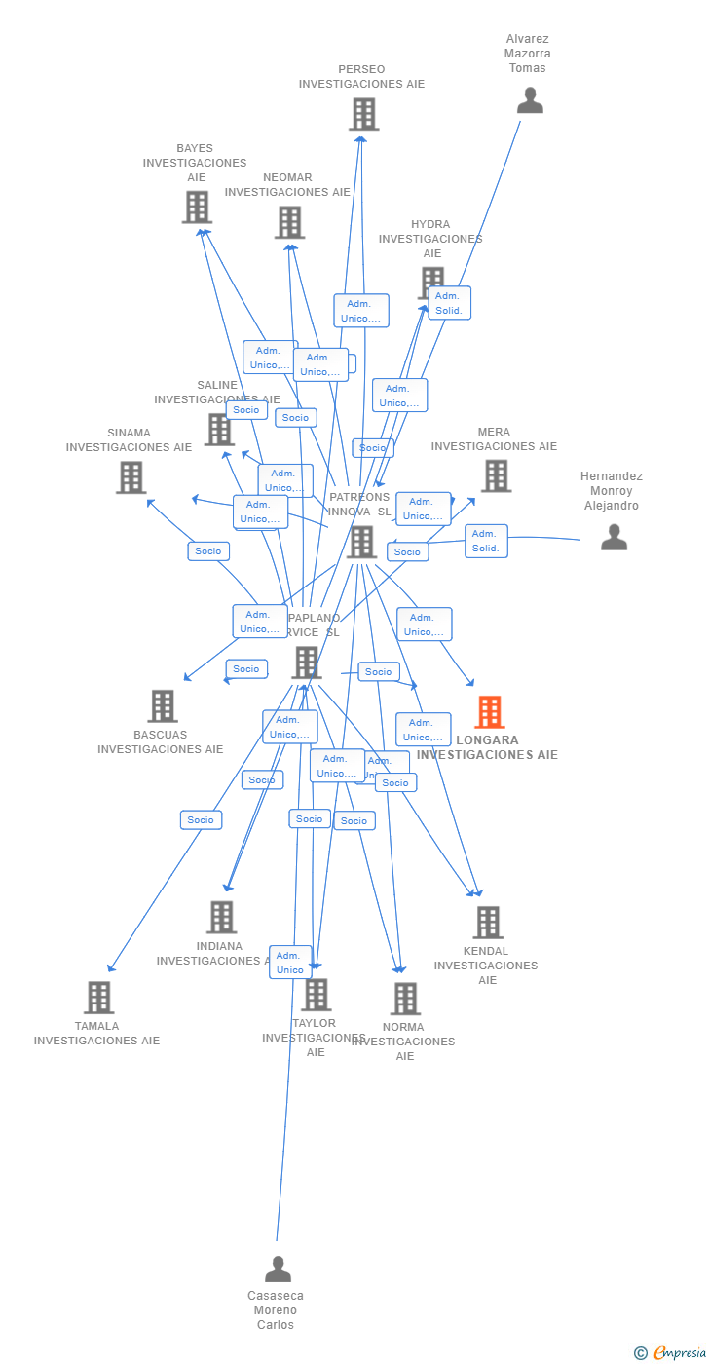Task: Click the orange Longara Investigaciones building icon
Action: point(489,712)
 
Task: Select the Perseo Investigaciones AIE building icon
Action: point(363,115)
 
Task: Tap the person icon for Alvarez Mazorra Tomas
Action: point(530,100)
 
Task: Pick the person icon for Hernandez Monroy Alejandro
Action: point(614,537)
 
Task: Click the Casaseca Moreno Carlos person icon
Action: point(278,1269)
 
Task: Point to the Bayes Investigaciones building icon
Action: point(197,208)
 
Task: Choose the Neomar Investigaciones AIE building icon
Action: point(289,222)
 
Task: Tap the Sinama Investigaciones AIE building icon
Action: point(131,477)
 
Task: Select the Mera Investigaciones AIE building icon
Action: point(496,475)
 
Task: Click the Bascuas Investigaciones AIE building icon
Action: point(162,706)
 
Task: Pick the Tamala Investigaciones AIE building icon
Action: point(98,998)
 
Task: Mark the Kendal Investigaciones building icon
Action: point(487,923)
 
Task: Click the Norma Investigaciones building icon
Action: point(405,999)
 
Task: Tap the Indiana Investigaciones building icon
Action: point(221,917)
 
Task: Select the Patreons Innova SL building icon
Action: point(360,543)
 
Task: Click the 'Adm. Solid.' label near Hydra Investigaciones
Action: point(448,303)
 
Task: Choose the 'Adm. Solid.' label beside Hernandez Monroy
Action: point(485,541)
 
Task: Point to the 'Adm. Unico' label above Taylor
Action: point(290,962)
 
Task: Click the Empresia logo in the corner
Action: point(671,1352)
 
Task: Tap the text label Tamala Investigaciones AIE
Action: point(96,1033)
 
